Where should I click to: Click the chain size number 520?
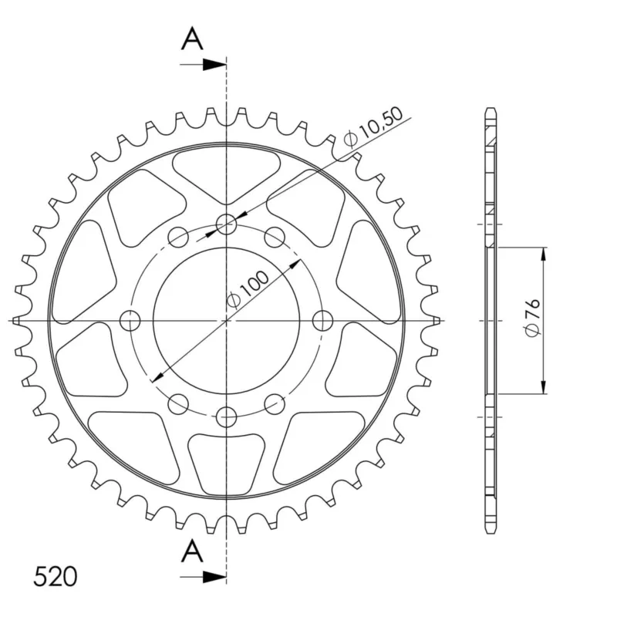click(x=55, y=577)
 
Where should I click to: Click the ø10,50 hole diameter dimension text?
click(x=373, y=126)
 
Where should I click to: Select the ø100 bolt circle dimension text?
click(x=248, y=289)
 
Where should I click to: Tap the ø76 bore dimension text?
click(x=533, y=318)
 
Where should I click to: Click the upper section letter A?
click(x=192, y=39)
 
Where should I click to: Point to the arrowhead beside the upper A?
click(x=214, y=65)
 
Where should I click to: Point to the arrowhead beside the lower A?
click(x=214, y=577)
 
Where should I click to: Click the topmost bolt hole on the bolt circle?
click(x=226, y=224)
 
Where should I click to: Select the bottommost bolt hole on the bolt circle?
click(x=227, y=416)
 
